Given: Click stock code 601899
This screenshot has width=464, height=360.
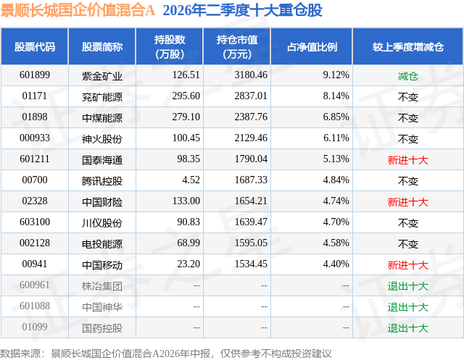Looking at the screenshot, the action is tap(35, 75).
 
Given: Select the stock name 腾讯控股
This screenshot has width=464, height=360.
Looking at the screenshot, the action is tap(102, 180).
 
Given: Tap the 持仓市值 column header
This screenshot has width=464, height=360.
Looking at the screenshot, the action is tap(237, 46).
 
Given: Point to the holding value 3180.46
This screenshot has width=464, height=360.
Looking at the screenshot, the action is tap(251, 75).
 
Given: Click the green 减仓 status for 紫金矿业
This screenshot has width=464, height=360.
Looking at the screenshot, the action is tap(407, 76).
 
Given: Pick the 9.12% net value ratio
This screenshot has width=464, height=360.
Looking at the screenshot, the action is tap(336, 75).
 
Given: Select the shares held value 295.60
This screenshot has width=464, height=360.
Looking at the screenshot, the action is tap(186, 96).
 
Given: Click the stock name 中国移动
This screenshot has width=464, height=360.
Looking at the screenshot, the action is tap(102, 265).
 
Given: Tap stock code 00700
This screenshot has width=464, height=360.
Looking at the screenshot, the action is tap(35, 180).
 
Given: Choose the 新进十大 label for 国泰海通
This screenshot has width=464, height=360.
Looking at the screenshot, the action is tap(407, 160).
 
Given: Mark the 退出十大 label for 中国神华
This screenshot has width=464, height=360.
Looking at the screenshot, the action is tap(407, 307).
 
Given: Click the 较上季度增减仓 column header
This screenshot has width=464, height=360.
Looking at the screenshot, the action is tap(407, 47).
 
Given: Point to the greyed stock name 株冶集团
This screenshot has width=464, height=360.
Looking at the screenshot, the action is tap(102, 286).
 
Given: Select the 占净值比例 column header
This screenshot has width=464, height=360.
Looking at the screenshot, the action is tap(312, 47).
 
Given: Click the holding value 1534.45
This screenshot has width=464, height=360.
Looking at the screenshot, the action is tap(251, 264).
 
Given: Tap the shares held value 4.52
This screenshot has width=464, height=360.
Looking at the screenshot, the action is tap(191, 180).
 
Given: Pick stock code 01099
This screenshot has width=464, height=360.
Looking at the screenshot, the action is tap(35, 327).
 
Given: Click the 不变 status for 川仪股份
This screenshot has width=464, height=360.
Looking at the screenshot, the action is tap(407, 222).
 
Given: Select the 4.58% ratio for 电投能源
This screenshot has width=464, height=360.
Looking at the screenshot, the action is tap(336, 243).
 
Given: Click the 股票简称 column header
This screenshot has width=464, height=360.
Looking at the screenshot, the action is tap(102, 47).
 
